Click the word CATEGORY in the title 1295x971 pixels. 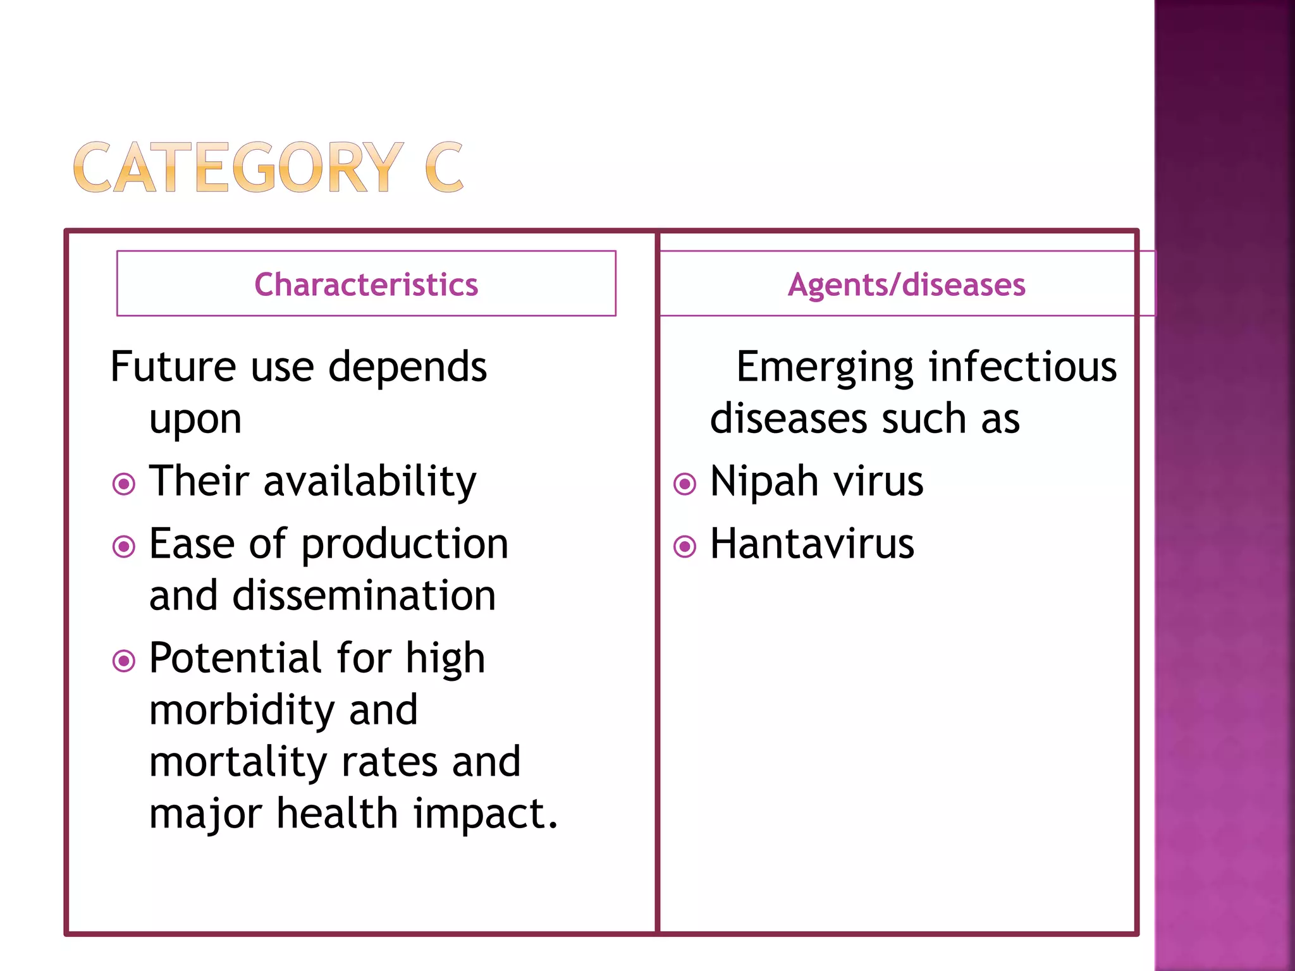[238, 168]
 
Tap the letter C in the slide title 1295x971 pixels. [444, 168]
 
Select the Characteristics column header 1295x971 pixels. [366, 284]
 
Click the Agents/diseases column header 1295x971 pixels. [906, 284]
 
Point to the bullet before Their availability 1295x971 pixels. [123, 485]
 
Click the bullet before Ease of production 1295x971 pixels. [123, 547]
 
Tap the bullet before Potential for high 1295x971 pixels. [123, 661]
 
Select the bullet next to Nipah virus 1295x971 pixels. [684, 485]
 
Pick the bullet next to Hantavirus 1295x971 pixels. [684, 547]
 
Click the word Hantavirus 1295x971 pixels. [812, 544]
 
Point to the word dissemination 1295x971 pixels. [364, 596]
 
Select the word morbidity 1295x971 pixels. [242, 711]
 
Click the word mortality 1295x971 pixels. [238, 762]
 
